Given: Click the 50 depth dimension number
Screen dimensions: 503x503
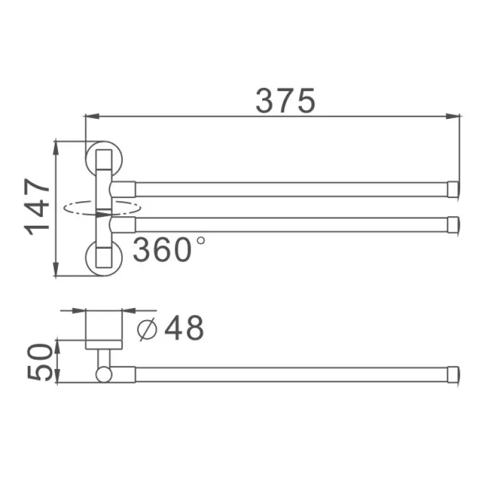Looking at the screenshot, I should (39, 362).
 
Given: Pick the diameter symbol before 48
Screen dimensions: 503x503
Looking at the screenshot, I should (146, 328).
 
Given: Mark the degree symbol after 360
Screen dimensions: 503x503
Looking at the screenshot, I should (201, 240).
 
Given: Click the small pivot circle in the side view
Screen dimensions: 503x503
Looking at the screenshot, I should (104, 375).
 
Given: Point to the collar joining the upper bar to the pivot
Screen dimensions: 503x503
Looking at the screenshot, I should (124, 189).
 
